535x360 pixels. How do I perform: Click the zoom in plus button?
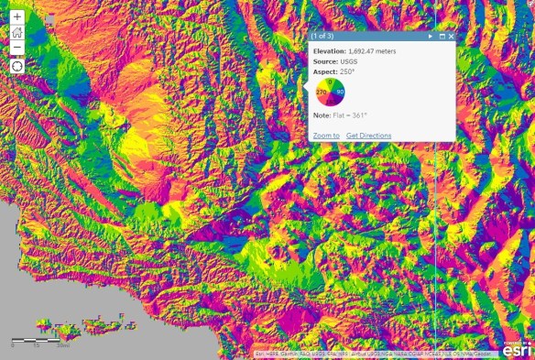point(16,16)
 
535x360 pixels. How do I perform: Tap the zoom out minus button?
point(16,49)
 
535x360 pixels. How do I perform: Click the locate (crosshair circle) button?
point(16,66)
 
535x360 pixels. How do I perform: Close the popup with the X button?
point(451,37)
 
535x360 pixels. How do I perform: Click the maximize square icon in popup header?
point(442,37)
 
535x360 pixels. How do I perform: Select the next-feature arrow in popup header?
point(431,37)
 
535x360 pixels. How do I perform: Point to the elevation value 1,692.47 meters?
point(373,51)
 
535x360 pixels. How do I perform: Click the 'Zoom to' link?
point(326,136)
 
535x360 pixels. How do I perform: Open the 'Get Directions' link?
point(368,136)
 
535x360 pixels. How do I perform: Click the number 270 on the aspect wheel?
point(322,93)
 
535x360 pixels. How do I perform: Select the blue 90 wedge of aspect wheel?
point(339,93)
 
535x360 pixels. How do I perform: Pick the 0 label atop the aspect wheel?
point(330,82)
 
